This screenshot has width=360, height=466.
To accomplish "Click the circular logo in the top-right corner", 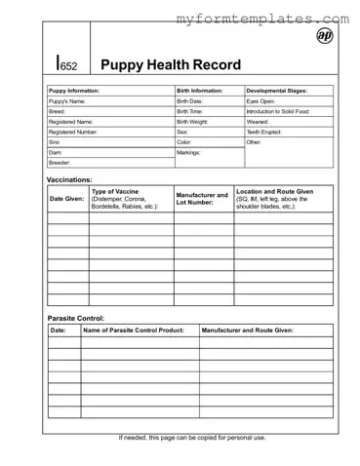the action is pos(325,36).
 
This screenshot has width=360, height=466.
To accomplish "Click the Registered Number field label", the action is pos(73,132).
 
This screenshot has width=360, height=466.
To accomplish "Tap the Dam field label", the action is pos(56,153).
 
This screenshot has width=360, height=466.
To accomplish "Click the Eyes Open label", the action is pos(260,101).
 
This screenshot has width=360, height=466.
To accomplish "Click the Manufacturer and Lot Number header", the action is pos(202,199).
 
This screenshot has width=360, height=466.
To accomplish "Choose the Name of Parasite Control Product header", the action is pos(135,330).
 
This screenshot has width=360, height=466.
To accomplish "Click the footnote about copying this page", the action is pos(192,438).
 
